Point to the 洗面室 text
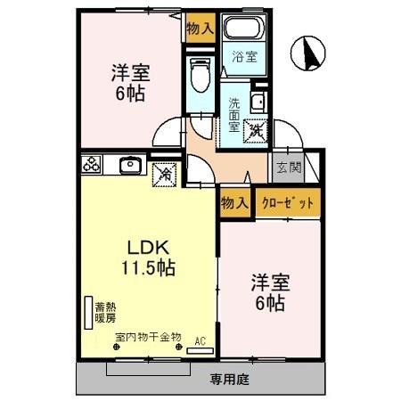[233, 113]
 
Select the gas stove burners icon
[92, 165]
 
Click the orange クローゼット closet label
[288, 203]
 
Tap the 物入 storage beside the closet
[234, 203]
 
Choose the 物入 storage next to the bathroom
[200, 27]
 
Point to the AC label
[200, 340]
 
